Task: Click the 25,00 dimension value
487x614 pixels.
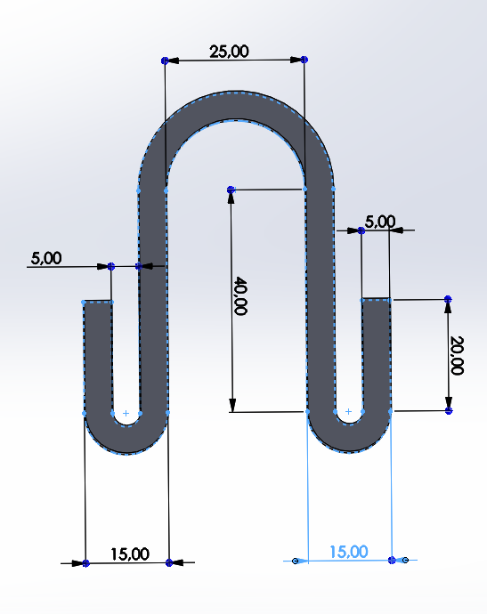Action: click(x=229, y=52)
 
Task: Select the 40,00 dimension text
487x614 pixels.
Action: click(x=240, y=295)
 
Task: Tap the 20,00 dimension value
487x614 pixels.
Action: click(x=457, y=355)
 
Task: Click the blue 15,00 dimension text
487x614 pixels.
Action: click(x=349, y=552)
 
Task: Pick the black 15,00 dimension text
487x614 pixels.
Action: click(x=130, y=554)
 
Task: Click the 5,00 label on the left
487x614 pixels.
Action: click(x=46, y=258)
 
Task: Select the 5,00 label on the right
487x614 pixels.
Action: click(x=380, y=222)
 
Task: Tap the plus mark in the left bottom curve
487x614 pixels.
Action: click(x=126, y=413)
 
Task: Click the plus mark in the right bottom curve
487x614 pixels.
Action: click(x=348, y=411)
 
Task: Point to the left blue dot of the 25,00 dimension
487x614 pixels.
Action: click(x=165, y=61)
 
